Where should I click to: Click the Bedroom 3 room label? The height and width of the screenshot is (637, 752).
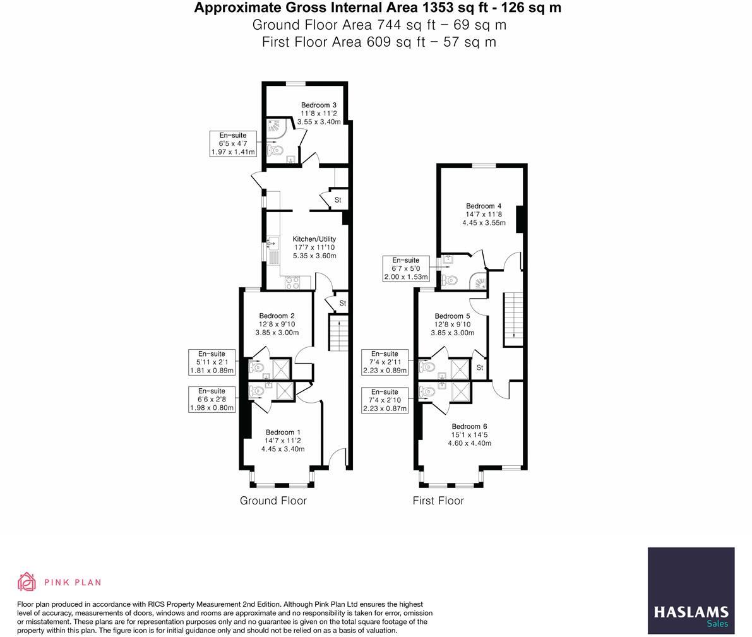pos(318,105)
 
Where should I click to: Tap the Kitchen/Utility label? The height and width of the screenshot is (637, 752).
pos(314,239)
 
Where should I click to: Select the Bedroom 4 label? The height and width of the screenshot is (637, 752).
pos(484,206)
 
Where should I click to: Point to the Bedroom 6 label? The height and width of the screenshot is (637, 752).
pos(469,426)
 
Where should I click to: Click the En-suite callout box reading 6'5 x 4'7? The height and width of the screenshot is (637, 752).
pos(233,144)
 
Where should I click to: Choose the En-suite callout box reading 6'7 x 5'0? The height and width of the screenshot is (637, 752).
pos(406,268)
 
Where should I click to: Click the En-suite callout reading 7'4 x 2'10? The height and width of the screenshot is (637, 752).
pos(385,400)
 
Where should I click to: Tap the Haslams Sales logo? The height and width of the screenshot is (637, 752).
pos(691,591)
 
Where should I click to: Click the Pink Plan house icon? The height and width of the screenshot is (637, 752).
pos(27,582)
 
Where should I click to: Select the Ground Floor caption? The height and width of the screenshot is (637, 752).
pos(273,501)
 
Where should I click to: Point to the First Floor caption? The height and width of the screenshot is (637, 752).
pos(438,501)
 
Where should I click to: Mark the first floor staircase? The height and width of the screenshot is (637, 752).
pos(512,319)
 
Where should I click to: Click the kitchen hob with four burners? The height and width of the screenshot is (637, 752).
pos(292,282)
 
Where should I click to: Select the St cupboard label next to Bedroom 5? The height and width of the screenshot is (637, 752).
pos(480,367)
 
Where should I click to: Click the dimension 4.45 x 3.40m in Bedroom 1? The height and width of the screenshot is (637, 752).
pos(283,449)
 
